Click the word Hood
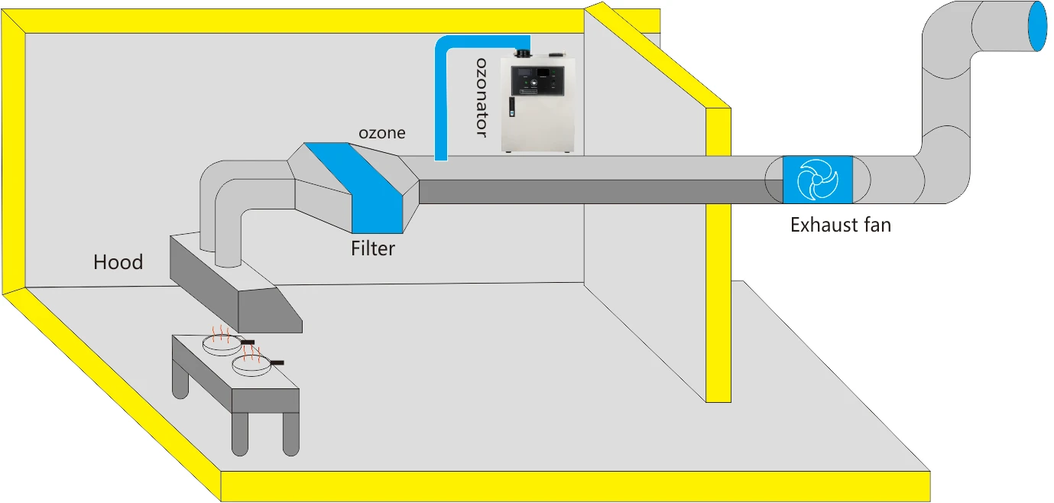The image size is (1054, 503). (118, 262)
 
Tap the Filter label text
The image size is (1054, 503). (372, 248)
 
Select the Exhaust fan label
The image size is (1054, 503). (840, 226)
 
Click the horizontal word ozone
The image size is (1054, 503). (382, 133)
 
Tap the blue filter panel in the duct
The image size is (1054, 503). (358, 187)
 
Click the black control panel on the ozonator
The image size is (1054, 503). (538, 81)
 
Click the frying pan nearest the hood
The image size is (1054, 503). (222, 343)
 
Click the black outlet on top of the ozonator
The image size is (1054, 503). (524, 54)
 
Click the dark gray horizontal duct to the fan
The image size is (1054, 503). (596, 192)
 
